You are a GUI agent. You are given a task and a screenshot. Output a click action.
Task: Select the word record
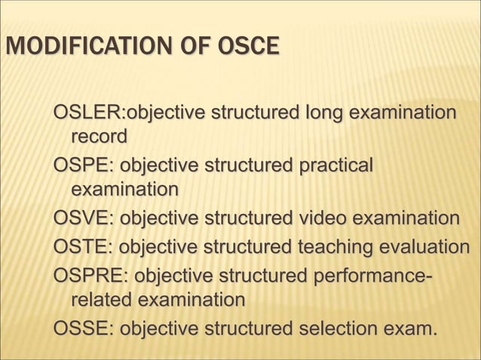click(x=98, y=137)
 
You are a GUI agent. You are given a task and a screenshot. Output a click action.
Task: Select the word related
click(x=100, y=300)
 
